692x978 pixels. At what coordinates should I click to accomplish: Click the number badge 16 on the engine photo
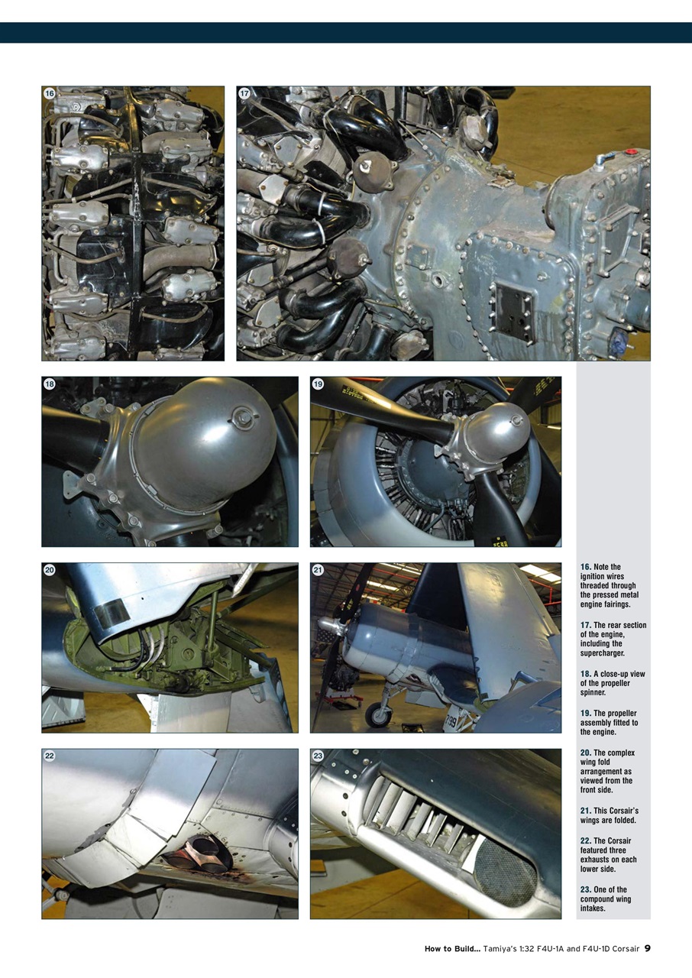[x=50, y=93]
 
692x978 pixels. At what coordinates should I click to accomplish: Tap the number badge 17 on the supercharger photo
[x=244, y=93]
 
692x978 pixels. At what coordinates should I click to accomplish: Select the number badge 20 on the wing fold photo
[x=50, y=570]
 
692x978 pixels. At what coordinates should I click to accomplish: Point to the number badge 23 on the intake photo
[x=318, y=756]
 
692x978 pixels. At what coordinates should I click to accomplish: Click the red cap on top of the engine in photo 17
[x=631, y=152]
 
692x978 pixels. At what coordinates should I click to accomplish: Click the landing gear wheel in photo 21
[x=378, y=715]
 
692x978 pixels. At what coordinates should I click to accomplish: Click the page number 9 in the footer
[x=647, y=948]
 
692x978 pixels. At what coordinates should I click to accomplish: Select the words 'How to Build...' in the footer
[x=452, y=949]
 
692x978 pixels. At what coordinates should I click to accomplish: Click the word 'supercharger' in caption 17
[x=604, y=653]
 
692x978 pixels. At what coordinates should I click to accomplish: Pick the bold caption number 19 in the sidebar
[x=584, y=714]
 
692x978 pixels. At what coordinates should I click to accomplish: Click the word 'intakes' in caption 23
[x=593, y=908]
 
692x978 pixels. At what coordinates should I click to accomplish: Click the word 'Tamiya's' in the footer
[x=505, y=949]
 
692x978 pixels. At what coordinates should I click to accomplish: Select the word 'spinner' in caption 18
[x=593, y=692]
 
